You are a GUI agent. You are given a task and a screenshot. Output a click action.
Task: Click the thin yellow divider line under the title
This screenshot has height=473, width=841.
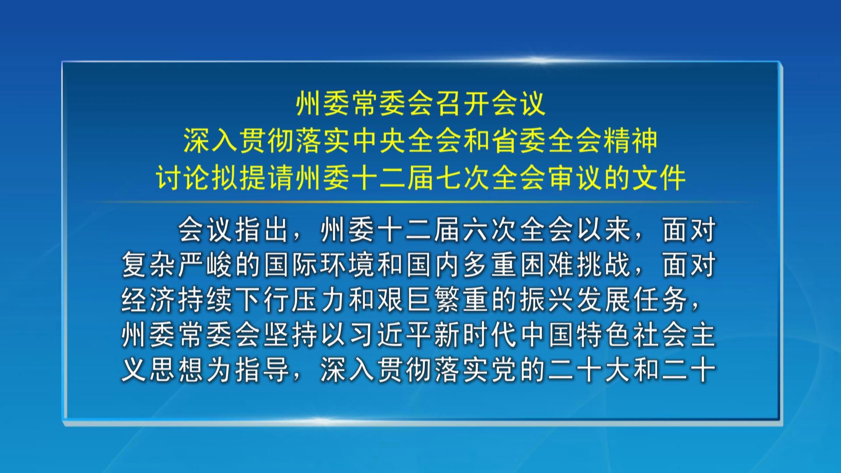pyautogui.click(x=420, y=202)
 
